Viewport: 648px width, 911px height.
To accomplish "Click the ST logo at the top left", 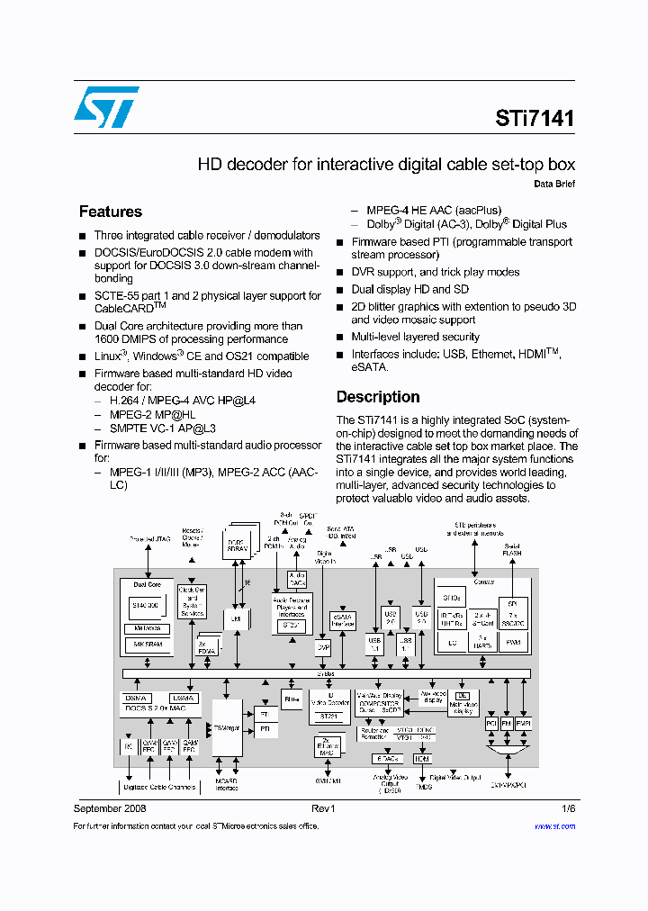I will click(106, 107).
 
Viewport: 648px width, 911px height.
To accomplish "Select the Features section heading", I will click(111, 212).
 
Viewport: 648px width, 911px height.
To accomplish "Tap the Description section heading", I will click(378, 397).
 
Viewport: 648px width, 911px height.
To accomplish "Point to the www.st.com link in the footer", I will click(554, 825).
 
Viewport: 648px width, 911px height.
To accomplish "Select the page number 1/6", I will click(568, 808).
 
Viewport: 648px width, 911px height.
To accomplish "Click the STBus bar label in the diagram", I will click(325, 673).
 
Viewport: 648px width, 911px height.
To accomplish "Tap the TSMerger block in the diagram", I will click(227, 727).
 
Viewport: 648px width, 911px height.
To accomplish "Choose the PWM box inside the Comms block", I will click(512, 642).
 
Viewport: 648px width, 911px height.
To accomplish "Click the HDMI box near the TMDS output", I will click(422, 759).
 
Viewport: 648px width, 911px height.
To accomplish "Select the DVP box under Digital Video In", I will click(323, 646).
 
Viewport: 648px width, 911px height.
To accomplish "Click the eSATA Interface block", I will click(343, 620).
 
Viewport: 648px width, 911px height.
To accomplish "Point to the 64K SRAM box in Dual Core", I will click(147, 645).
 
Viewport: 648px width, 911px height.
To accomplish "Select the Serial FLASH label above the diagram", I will click(511, 549).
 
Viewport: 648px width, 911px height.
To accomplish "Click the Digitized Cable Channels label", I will click(158, 787).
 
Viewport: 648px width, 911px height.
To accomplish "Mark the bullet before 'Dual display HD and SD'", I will click(340, 290).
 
